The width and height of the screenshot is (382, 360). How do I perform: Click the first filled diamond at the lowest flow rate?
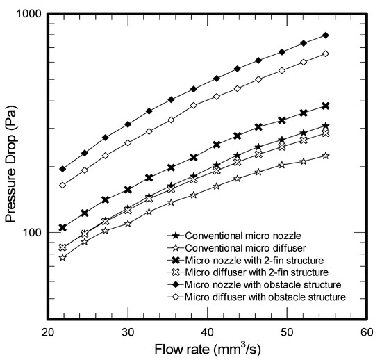[x=63, y=169]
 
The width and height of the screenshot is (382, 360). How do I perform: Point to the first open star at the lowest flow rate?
[x=63, y=257]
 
